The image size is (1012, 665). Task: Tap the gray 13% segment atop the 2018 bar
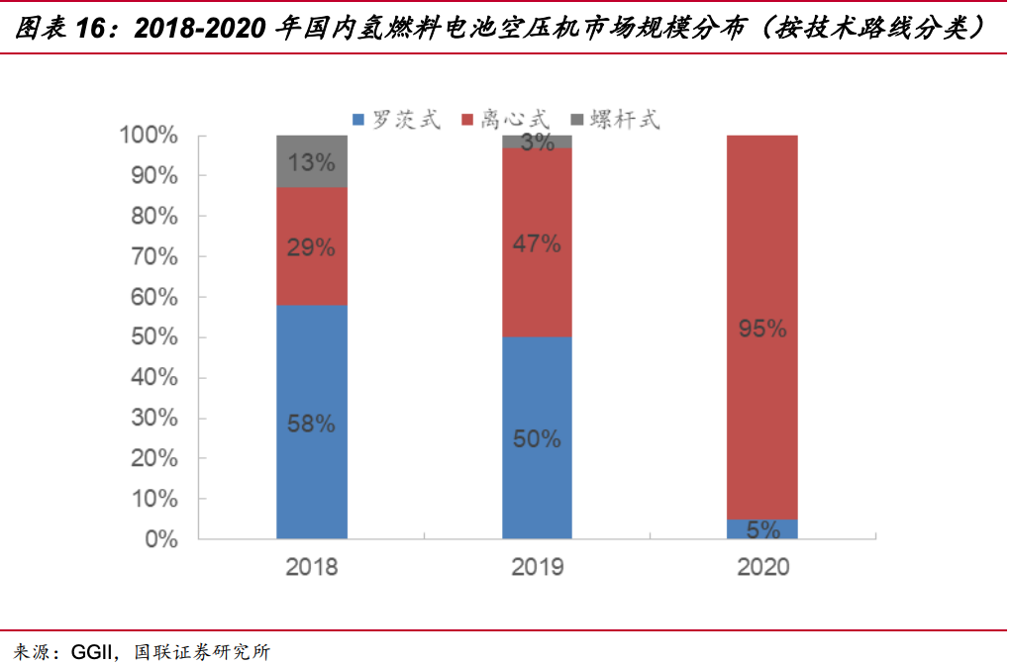tap(312, 161)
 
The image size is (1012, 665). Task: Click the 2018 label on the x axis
tap(312, 567)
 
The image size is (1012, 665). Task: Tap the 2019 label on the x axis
tap(537, 567)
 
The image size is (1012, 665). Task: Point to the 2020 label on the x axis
tap(761, 567)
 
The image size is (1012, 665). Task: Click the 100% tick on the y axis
tap(149, 136)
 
